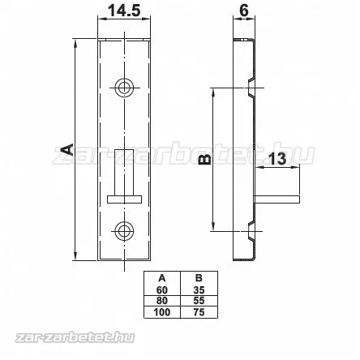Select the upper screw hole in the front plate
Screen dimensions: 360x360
click(x=124, y=87)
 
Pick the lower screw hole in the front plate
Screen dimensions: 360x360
click(x=124, y=231)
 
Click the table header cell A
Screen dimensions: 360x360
click(x=161, y=279)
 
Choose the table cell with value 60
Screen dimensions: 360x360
click(x=161, y=289)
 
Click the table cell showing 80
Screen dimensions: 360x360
click(x=161, y=300)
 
